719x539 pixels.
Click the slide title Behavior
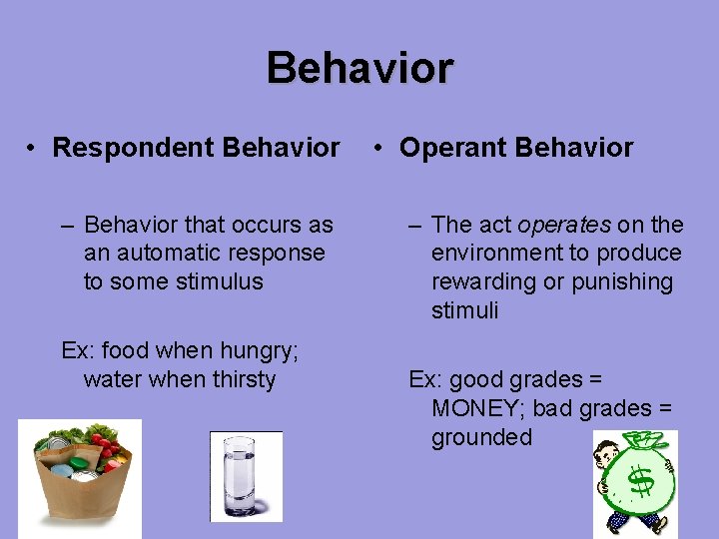click(x=359, y=68)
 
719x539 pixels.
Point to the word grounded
click(x=481, y=437)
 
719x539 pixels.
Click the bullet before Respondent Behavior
click(x=33, y=149)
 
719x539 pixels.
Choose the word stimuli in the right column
click(x=464, y=311)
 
